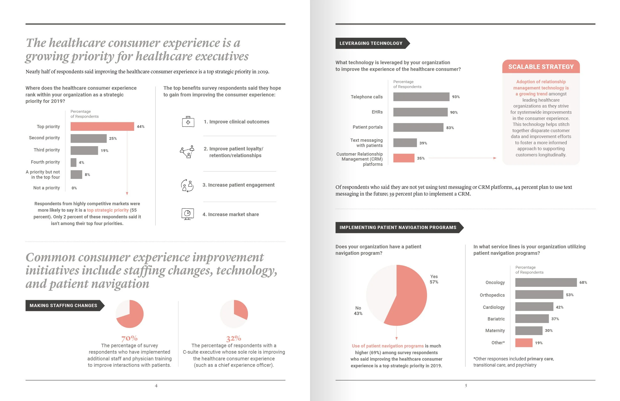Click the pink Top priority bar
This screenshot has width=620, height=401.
102,127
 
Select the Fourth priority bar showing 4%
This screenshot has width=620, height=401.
73,163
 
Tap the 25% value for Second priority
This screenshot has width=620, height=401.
113,139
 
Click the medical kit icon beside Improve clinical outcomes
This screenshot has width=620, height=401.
188,122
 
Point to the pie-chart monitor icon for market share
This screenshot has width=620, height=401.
187,214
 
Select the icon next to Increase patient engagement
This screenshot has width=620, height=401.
187,185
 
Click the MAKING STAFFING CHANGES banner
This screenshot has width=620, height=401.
63,305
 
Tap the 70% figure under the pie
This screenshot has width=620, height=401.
129,338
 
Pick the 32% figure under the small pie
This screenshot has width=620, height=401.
234,338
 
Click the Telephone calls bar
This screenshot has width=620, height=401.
421,97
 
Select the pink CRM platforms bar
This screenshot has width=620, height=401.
404,158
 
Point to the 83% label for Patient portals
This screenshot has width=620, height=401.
450,128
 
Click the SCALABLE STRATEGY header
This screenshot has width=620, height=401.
541,67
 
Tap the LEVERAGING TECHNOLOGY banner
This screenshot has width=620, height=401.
371,43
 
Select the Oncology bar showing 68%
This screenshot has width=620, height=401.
546,283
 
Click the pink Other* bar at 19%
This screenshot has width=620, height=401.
524,343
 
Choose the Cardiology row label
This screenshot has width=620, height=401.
494,307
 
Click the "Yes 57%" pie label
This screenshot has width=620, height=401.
434,279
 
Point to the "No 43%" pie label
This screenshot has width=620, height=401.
358,311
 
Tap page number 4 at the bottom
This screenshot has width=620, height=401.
156,386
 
